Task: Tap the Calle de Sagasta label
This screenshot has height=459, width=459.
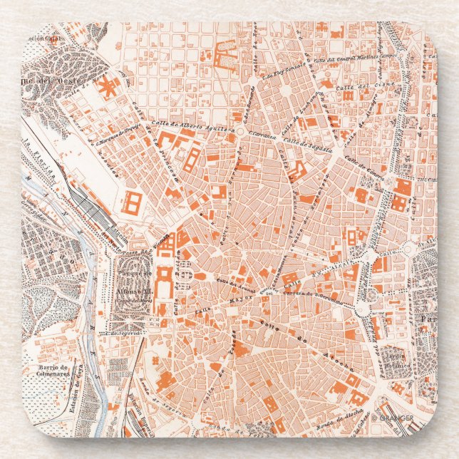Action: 300,142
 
